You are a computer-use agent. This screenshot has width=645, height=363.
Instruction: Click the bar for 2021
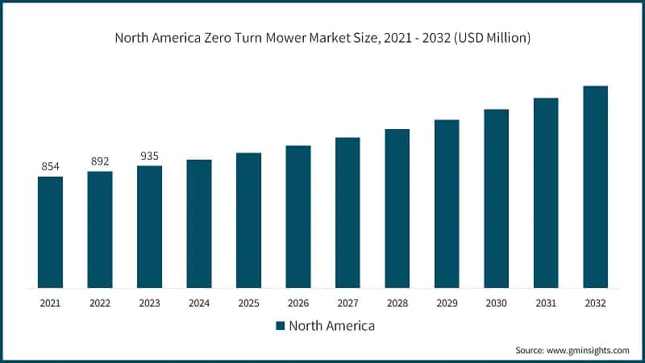coord(50,232)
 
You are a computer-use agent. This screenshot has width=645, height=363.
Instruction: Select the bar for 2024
coord(199,223)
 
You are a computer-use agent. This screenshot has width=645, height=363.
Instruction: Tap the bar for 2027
coord(347,212)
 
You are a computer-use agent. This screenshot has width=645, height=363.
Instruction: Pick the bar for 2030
coord(496,198)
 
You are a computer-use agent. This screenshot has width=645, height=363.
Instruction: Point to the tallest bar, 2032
coord(595,186)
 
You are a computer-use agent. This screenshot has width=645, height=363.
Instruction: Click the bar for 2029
coord(447,203)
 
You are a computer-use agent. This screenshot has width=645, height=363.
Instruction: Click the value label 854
coord(50,166)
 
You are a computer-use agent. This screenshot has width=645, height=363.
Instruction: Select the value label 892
coord(100,161)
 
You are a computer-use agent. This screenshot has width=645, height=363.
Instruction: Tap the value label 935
coord(149,156)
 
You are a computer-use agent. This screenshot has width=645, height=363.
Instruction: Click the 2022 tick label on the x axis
coord(100,303)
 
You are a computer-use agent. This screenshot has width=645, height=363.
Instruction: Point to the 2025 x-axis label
coord(248,303)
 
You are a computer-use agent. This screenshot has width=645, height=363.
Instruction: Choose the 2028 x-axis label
coord(397,303)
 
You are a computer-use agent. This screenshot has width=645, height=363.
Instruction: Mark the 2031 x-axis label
coord(546,303)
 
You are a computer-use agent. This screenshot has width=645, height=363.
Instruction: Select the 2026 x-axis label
coord(298,303)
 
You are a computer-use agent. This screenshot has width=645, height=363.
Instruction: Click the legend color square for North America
coord(280,326)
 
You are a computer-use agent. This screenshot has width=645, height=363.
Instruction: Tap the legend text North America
coord(331,326)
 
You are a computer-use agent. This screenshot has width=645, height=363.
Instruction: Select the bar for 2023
coord(149,227)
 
